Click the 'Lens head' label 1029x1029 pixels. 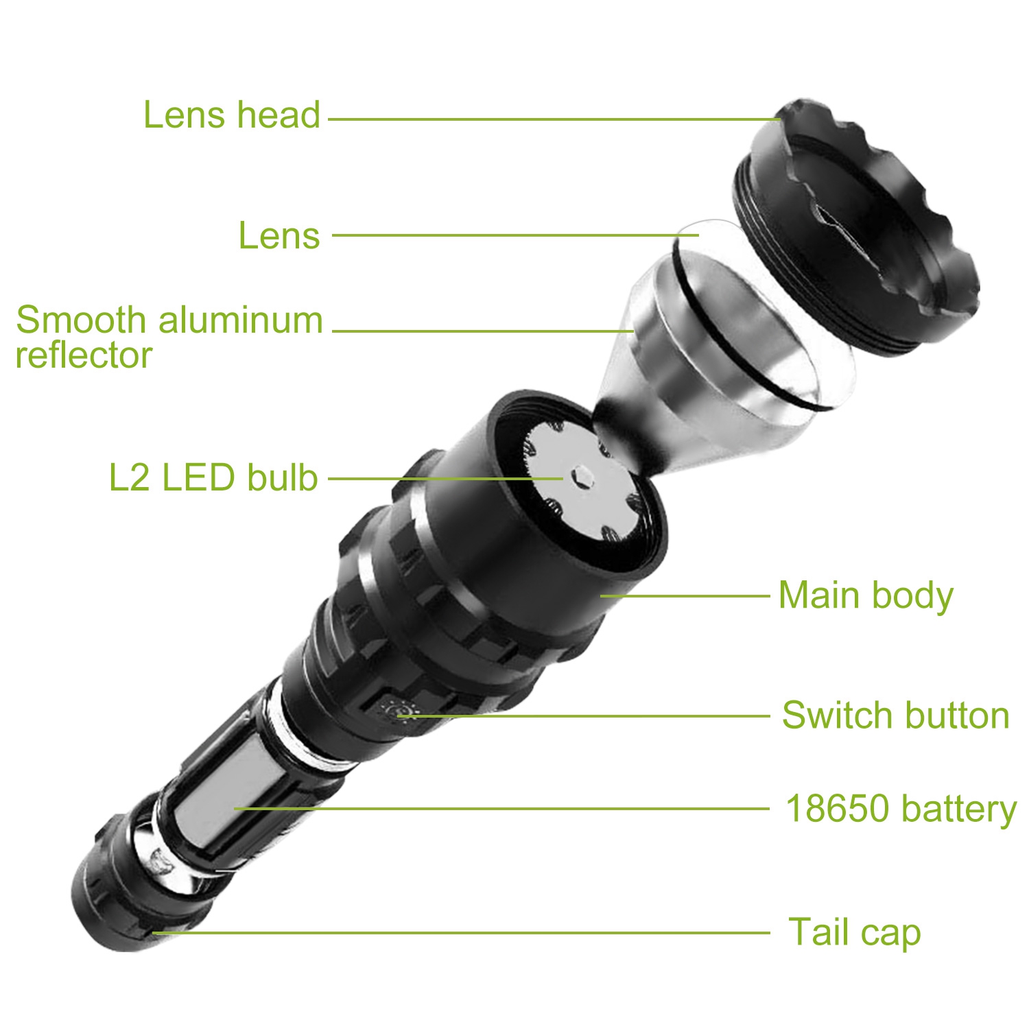point(232,115)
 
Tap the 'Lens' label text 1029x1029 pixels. point(279,235)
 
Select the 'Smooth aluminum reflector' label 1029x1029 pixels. point(169,337)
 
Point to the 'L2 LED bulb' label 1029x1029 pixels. point(213,477)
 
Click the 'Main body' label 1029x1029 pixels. point(866,595)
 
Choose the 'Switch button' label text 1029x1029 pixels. point(896,715)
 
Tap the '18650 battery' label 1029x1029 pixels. point(901,809)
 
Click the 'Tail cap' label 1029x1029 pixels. point(854,932)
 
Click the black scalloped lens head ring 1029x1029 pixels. point(858,226)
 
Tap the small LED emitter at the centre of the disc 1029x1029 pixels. point(582,476)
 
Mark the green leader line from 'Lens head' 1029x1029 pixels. point(554,119)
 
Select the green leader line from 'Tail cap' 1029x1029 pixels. point(461,933)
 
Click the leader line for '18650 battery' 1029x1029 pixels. point(502,809)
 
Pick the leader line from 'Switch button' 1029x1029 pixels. point(584,715)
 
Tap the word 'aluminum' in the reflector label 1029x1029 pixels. point(241,320)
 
